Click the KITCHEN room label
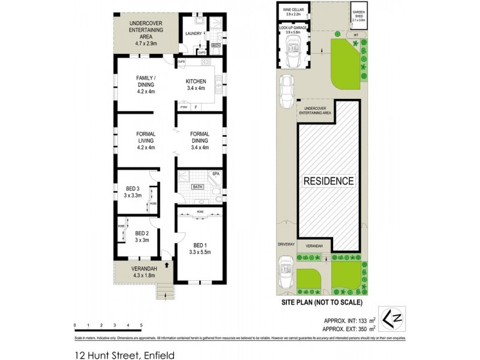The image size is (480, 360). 196,82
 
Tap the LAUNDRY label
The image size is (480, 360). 193,34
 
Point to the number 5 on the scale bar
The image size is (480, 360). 140,325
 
